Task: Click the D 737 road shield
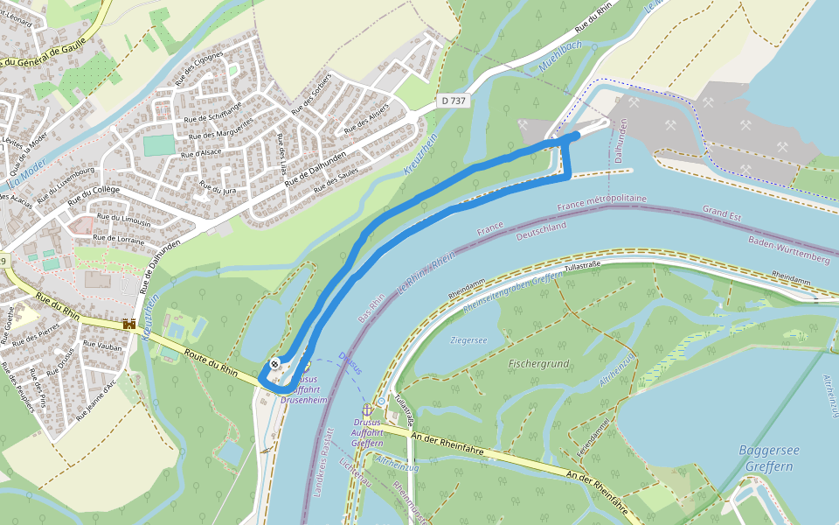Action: (454, 101)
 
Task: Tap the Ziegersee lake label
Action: (468, 339)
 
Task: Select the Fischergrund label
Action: (539, 362)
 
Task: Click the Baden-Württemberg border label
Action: (788, 249)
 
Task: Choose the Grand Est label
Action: (723, 212)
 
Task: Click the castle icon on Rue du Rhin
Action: (130, 325)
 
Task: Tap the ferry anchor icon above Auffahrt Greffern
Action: (368, 409)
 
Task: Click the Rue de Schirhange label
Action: (212, 110)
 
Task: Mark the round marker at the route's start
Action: (275, 364)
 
